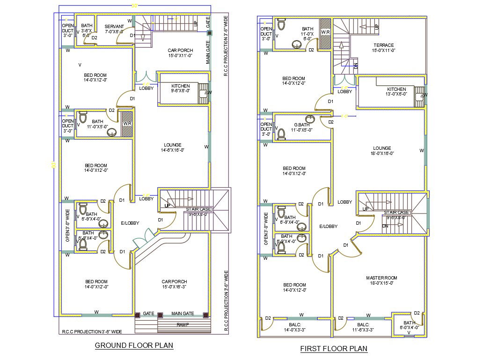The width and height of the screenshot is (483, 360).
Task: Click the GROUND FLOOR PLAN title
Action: coord(134,345)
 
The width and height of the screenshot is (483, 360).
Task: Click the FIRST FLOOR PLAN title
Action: coord(334,349)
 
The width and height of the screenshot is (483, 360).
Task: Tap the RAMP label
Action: coord(183,324)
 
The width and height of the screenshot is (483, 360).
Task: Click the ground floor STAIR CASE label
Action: coord(198,209)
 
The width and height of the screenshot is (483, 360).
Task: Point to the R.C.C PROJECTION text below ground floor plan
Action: coord(92,331)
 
